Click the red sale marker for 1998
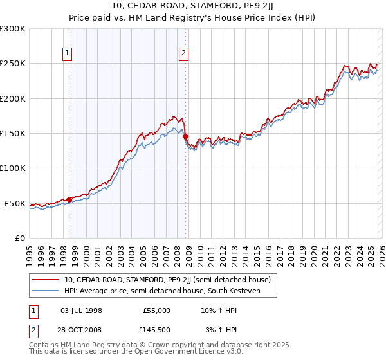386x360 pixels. coord(69,199)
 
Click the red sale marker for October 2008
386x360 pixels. coord(185,136)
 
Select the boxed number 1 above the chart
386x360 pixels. coord(68,53)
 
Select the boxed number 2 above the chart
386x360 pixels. coord(184,53)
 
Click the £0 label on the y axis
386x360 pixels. coord(19,239)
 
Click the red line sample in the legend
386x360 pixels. coord(46,280)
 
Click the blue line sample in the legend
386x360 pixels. coord(46,291)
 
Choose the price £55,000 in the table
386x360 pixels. coord(156,310)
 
